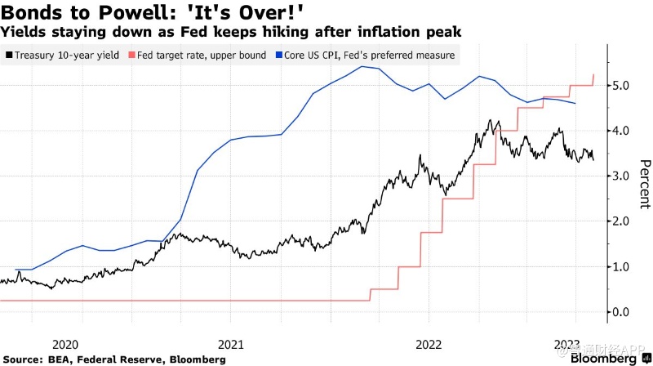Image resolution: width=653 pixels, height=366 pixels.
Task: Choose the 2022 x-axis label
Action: click(430, 344)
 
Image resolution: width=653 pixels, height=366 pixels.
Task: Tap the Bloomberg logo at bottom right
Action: click(605, 359)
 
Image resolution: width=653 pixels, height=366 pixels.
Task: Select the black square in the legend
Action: click(8, 55)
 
